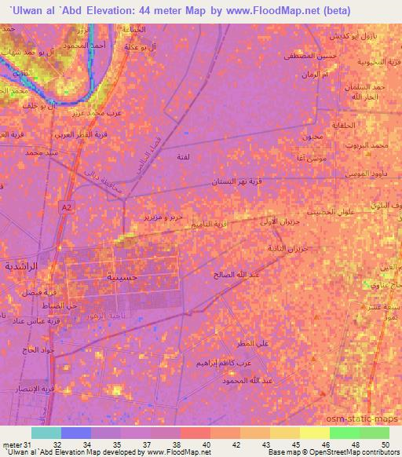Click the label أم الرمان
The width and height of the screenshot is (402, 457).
314,75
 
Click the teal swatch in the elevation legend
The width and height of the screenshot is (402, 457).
46,432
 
